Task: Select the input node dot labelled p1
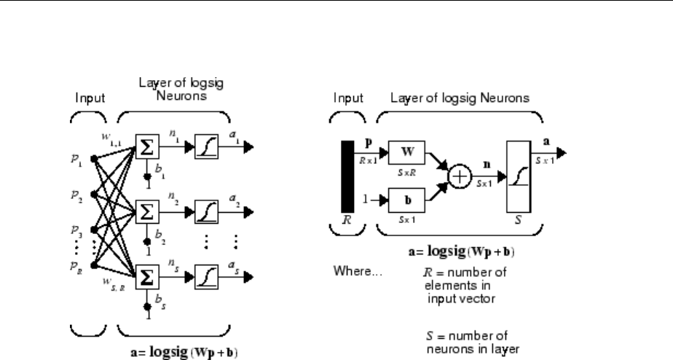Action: [94, 157]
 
